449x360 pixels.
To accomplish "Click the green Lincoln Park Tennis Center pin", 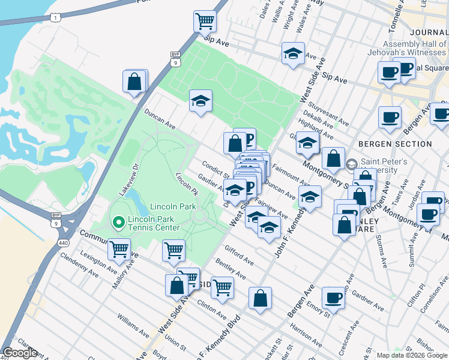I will point(118,223).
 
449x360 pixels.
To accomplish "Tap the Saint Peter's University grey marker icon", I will point(352,163).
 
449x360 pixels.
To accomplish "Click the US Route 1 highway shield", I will point(55,19).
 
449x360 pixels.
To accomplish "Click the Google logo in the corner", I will point(20,353).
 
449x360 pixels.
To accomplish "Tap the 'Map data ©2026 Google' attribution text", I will point(412,355).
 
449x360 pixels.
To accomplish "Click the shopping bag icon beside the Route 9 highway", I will point(135,82).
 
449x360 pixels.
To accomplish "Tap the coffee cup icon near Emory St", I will point(333,298).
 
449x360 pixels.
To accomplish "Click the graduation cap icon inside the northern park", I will point(200,101).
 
